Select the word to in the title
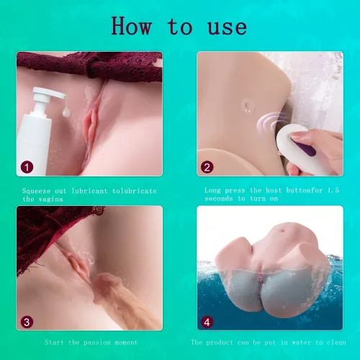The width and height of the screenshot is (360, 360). click(179, 27)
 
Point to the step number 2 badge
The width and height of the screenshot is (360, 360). click(207, 166)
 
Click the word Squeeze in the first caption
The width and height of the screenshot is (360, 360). click(38, 190)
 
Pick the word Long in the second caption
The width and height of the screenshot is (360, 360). click(213, 190)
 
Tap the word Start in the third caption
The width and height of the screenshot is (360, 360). click(55, 342)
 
